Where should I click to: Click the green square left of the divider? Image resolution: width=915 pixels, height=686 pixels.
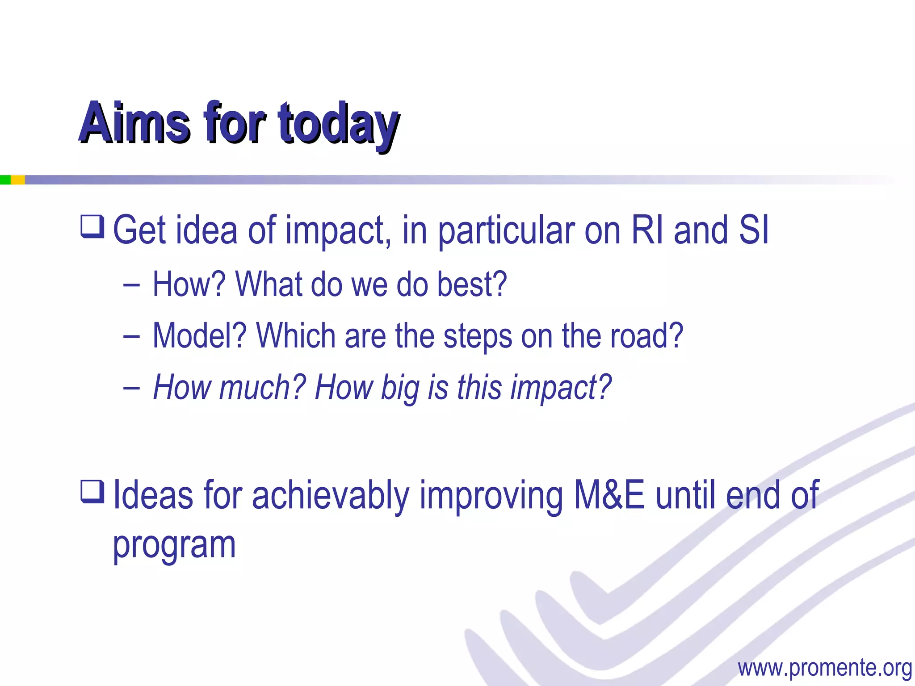(5, 180)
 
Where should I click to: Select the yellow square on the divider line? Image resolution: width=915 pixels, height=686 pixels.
(17, 180)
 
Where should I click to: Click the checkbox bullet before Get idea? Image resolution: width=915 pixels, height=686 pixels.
(92, 226)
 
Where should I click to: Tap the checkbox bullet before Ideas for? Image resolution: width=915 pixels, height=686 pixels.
(92, 491)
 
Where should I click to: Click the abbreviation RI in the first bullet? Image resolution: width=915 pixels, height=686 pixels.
(647, 230)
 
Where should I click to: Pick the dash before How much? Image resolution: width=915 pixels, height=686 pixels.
(131, 388)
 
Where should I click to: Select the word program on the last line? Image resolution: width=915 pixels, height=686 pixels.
(174, 546)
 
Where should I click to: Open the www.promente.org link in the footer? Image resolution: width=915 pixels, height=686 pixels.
(824, 668)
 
